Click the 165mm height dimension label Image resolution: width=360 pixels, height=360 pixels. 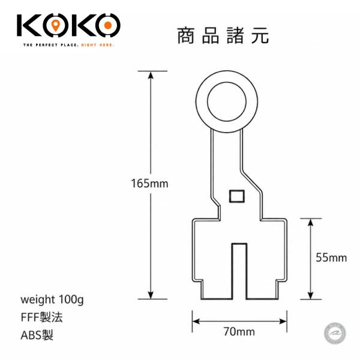click(x=149, y=183)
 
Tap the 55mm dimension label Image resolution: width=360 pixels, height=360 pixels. click(x=331, y=257)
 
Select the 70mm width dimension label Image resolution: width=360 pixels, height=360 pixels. click(x=239, y=332)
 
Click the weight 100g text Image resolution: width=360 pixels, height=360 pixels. click(x=52, y=299)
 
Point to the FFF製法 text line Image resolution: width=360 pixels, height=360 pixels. click(x=41, y=317)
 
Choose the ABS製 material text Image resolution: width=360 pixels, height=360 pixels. click(x=37, y=335)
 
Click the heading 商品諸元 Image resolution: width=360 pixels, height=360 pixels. click(x=223, y=35)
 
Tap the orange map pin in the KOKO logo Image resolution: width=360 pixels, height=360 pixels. click(x=55, y=25)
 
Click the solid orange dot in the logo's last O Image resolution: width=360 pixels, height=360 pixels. click(x=108, y=25)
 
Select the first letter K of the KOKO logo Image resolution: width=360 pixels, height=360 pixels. click(x=29, y=25)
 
